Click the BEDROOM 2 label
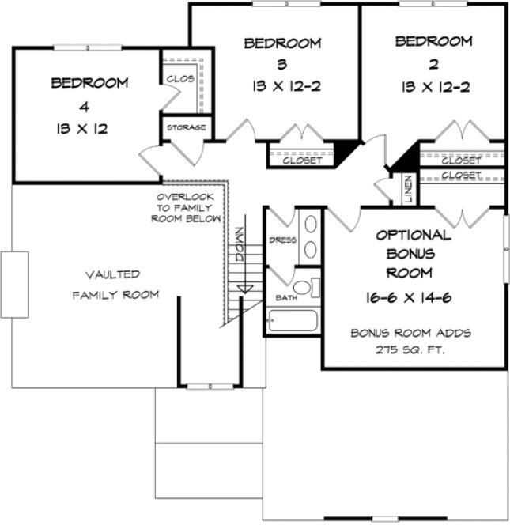point(433,52)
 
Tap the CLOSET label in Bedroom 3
point(302,161)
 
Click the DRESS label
point(281,239)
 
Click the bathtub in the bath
point(293,321)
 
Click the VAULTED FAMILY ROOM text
point(115,285)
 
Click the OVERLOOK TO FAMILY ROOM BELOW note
point(187,206)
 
